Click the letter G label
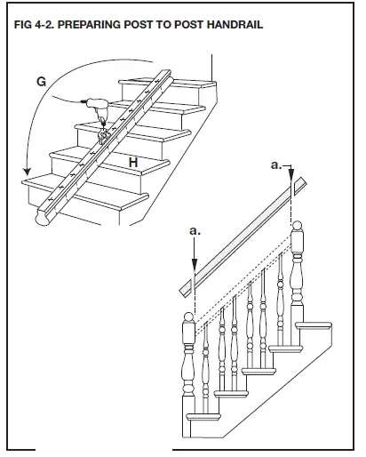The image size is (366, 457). pos(42,81)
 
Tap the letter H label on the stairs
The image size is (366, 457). pos(132,162)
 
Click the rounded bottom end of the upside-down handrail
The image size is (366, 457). pos(41,218)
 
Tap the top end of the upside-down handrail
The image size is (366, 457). pos(164,70)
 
